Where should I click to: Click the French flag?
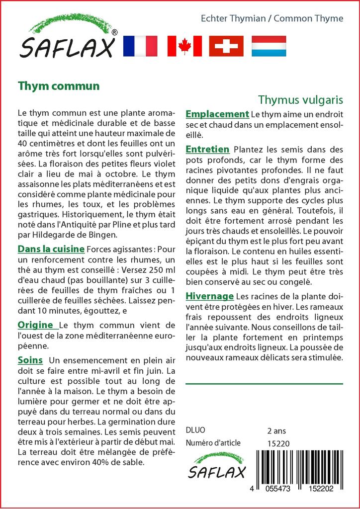point(140,46)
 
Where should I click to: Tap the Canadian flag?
point(184,46)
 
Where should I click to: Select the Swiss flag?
point(226,46)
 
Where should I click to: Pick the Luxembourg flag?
point(269,46)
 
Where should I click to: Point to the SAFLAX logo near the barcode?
point(216,466)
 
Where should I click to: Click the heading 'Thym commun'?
point(59,85)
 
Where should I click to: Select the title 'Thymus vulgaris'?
point(301,99)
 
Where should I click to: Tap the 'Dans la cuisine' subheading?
point(51,249)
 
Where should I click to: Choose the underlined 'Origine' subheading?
point(36,325)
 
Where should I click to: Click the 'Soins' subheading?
point(30,359)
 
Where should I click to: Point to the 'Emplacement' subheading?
point(217,114)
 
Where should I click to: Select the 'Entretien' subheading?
point(207,149)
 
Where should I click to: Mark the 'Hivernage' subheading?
point(209,296)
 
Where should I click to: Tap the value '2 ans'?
point(276,430)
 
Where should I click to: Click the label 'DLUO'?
point(195,430)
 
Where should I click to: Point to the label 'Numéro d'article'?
point(213,443)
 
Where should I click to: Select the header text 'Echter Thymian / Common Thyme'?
point(271,18)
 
